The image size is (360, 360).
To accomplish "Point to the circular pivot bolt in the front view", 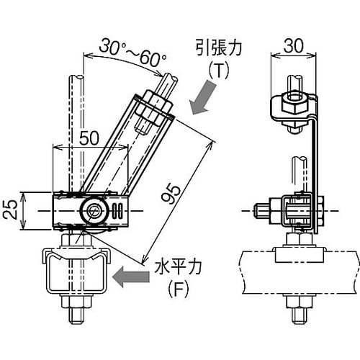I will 92,211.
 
